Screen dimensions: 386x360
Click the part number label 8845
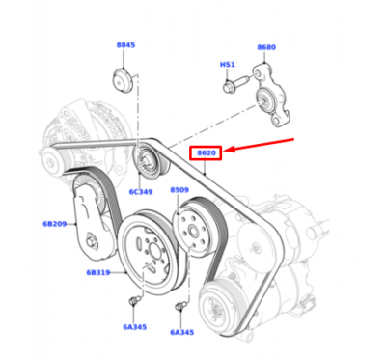coord(125,45)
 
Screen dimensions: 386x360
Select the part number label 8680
coord(266,47)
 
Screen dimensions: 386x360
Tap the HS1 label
coord(228,65)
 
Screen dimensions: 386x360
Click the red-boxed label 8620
coord(207,152)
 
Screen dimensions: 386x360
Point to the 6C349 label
coord(141,192)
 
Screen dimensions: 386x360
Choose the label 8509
coord(179,190)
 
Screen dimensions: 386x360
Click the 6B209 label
coord(55,224)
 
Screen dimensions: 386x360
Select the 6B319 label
coord(98,272)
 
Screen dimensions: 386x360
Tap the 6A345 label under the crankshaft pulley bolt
coord(135,327)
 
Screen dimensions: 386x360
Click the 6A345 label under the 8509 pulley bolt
coord(182,332)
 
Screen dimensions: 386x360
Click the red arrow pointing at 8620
coord(260,145)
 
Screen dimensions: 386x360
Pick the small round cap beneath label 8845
coord(123,80)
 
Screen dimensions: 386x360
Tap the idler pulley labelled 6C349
coord(150,161)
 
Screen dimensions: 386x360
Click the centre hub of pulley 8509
coord(193,231)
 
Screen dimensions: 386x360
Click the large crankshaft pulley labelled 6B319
coord(150,252)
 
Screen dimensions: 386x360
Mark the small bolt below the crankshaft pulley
coord(133,301)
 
